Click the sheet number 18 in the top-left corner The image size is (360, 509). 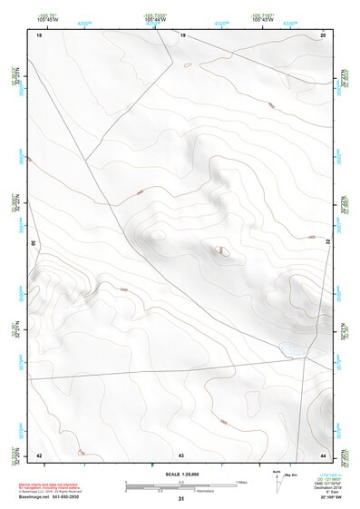pyautogui.click(x=39, y=35)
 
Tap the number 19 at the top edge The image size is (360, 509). pyautogui.click(x=182, y=35)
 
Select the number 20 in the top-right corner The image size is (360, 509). pyautogui.click(x=323, y=35)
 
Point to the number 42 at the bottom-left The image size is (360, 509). pyautogui.click(x=39, y=454)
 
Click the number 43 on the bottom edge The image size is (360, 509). pyautogui.click(x=181, y=454)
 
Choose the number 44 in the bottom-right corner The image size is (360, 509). pyautogui.click(x=323, y=454)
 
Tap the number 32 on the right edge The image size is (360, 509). pyautogui.click(x=328, y=242)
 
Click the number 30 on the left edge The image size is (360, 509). pyautogui.click(x=33, y=243)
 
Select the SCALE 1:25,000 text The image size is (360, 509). pyautogui.click(x=179, y=475)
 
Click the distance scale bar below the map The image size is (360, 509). pyautogui.click(x=181, y=485)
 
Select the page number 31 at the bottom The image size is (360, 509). pyautogui.click(x=181, y=499)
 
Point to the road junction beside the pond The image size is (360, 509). pyautogui.click(x=309, y=353)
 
